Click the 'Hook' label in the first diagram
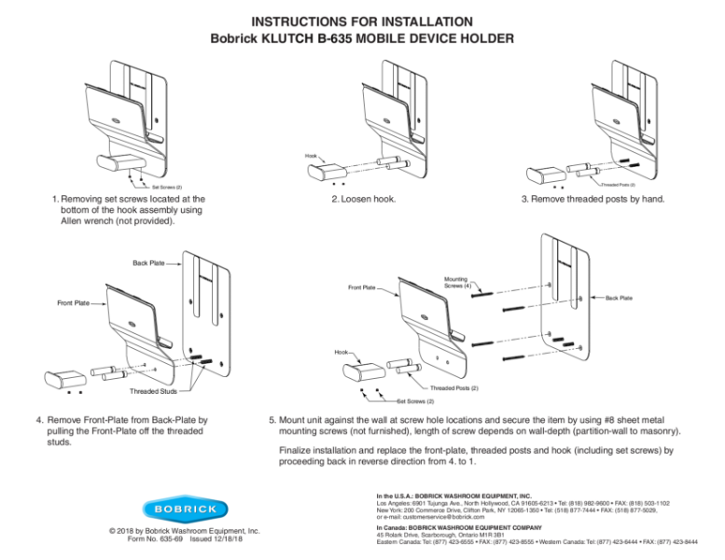[311, 155]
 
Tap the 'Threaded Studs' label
[153, 391]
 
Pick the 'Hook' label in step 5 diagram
[343, 353]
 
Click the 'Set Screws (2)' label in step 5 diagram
[414, 402]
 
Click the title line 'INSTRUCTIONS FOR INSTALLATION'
[362, 20]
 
